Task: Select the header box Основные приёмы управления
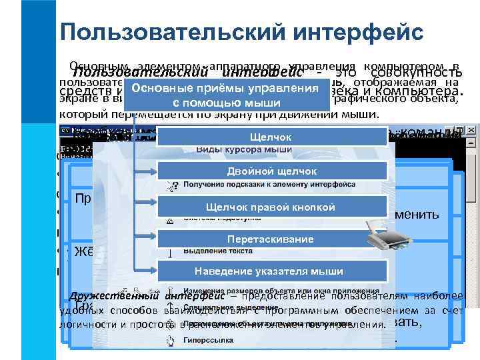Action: pyautogui.click(x=224, y=96)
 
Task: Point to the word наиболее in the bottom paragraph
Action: pyautogui.click(x=454, y=297)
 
